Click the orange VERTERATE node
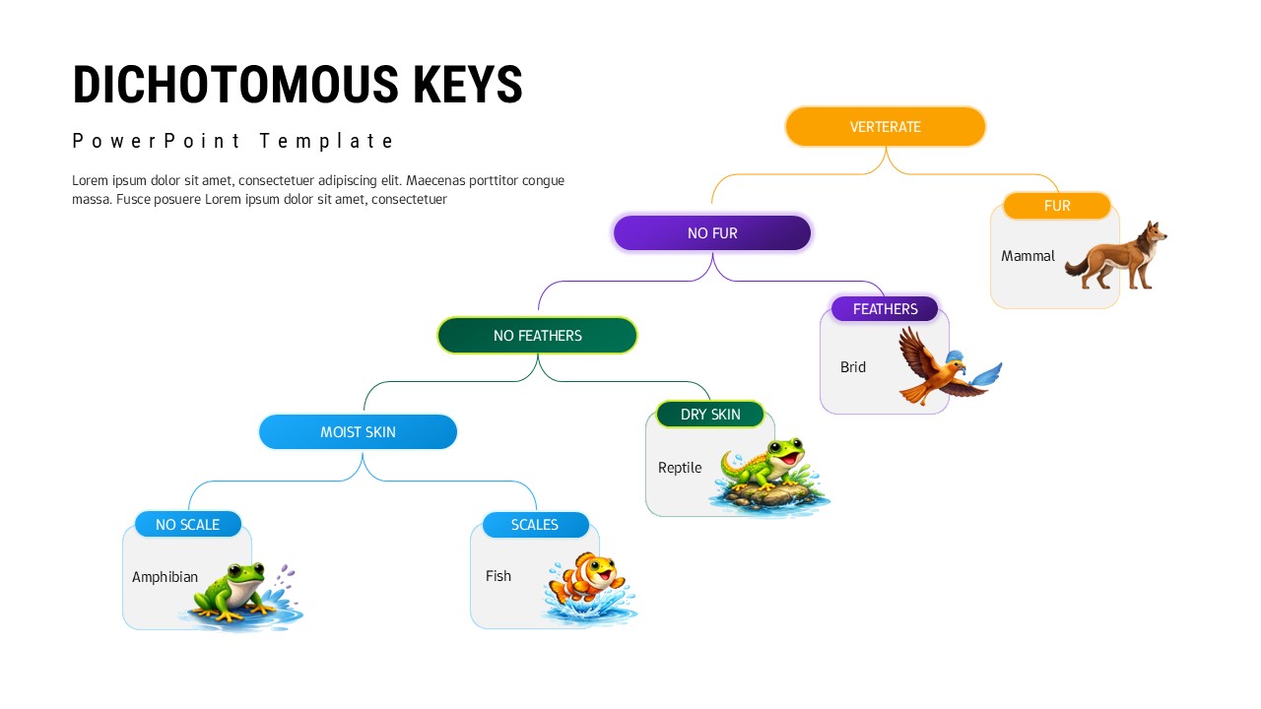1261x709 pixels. (885, 127)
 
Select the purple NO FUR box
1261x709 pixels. (711, 233)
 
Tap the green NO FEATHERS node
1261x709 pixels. (537, 336)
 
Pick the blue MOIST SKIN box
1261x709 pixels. (358, 432)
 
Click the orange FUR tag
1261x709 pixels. (1056, 206)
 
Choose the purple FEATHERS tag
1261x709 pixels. (885, 309)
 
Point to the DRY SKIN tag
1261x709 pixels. (709, 415)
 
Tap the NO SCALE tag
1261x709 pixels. (187, 525)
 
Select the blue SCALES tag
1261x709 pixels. (535, 525)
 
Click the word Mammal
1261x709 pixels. (1028, 256)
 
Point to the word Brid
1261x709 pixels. (853, 367)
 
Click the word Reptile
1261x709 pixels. (680, 468)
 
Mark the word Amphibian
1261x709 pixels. (165, 577)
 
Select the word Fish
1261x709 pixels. (498, 576)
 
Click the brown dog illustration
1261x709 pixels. (1119, 258)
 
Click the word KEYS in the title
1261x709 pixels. (467, 85)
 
